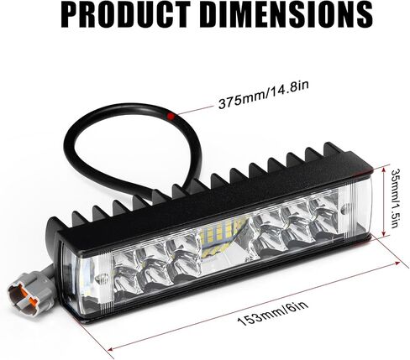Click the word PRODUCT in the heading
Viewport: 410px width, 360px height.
click(125, 14)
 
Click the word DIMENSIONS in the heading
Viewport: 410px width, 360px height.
click(287, 14)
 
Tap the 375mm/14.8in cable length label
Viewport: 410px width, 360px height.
click(264, 95)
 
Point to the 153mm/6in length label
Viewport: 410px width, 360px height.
click(273, 312)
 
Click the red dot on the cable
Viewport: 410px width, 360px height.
click(170, 116)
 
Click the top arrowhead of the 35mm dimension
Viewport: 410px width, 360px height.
click(384, 170)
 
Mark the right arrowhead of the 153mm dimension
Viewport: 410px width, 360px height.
click(397, 263)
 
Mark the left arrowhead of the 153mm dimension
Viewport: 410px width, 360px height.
click(111, 348)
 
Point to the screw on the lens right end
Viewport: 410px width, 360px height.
click(344, 209)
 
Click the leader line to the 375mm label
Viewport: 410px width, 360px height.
click(194, 110)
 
